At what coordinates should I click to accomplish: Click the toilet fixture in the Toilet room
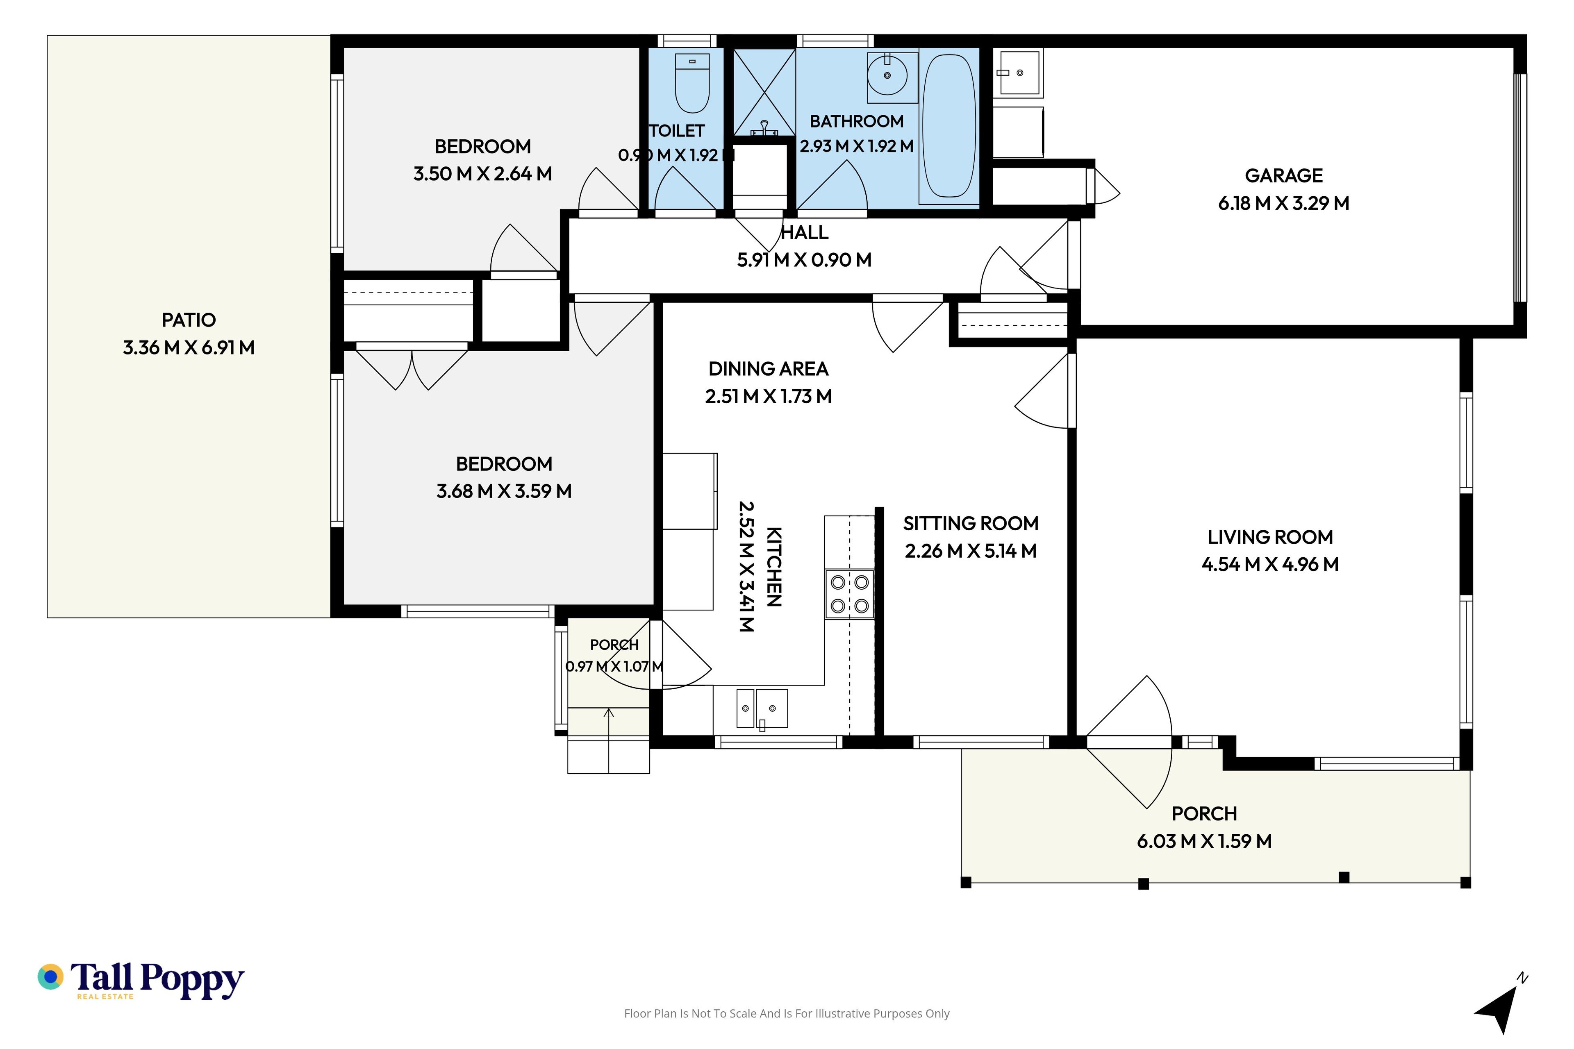point(692,83)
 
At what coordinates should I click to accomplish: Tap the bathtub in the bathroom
point(949,126)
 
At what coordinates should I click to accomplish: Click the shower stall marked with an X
point(764,92)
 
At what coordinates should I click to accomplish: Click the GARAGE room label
point(1283,176)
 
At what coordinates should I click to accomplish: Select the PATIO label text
point(189,320)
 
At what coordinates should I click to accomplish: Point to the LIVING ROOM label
point(1270,537)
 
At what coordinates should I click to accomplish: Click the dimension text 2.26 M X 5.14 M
point(970,551)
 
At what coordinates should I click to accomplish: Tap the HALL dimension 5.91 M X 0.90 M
point(804,260)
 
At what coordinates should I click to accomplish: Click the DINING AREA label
point(768,369)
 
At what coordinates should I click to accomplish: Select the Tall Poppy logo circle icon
point(50,977)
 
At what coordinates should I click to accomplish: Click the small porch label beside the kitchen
point(614,645)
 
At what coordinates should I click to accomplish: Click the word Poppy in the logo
point(192,981)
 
